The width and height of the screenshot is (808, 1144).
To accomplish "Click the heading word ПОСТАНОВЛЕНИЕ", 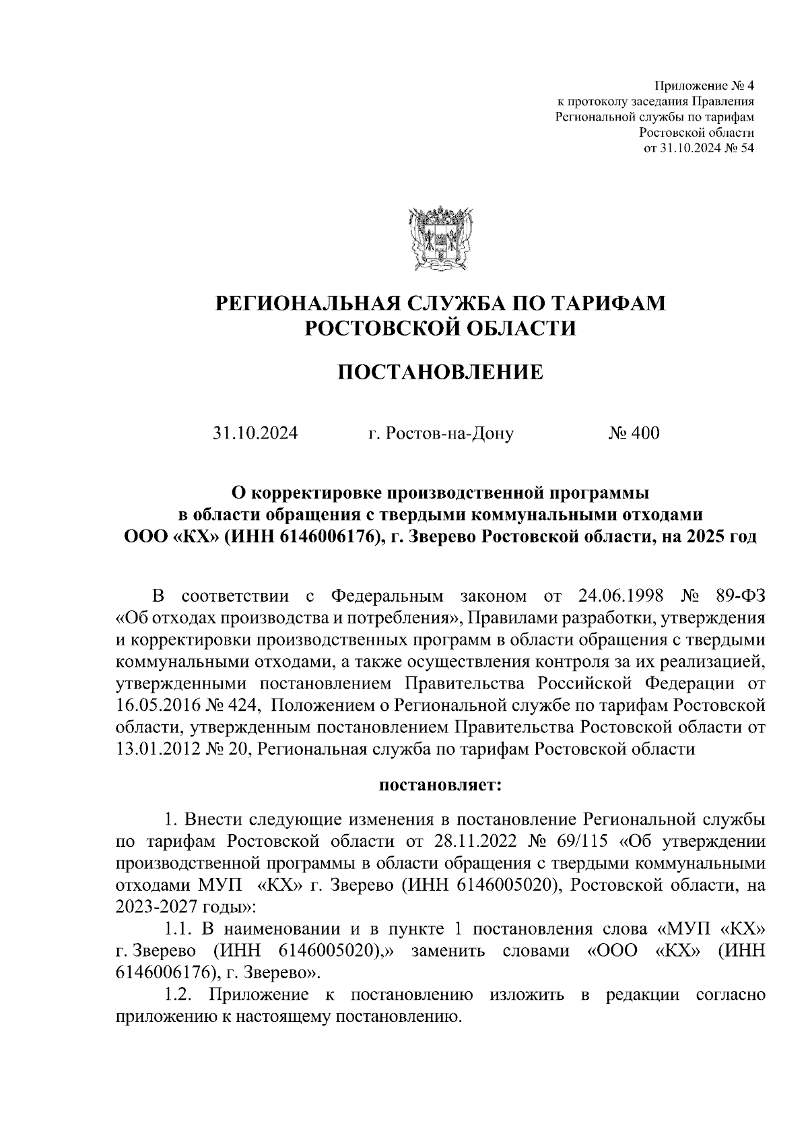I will (x=440, y=372).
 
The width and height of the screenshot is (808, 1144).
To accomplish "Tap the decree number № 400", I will (x=634, y=433).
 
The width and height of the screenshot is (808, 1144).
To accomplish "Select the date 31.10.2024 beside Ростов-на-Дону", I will (x=255, y=433).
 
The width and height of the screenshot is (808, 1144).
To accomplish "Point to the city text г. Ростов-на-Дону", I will (x=441, y=433).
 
